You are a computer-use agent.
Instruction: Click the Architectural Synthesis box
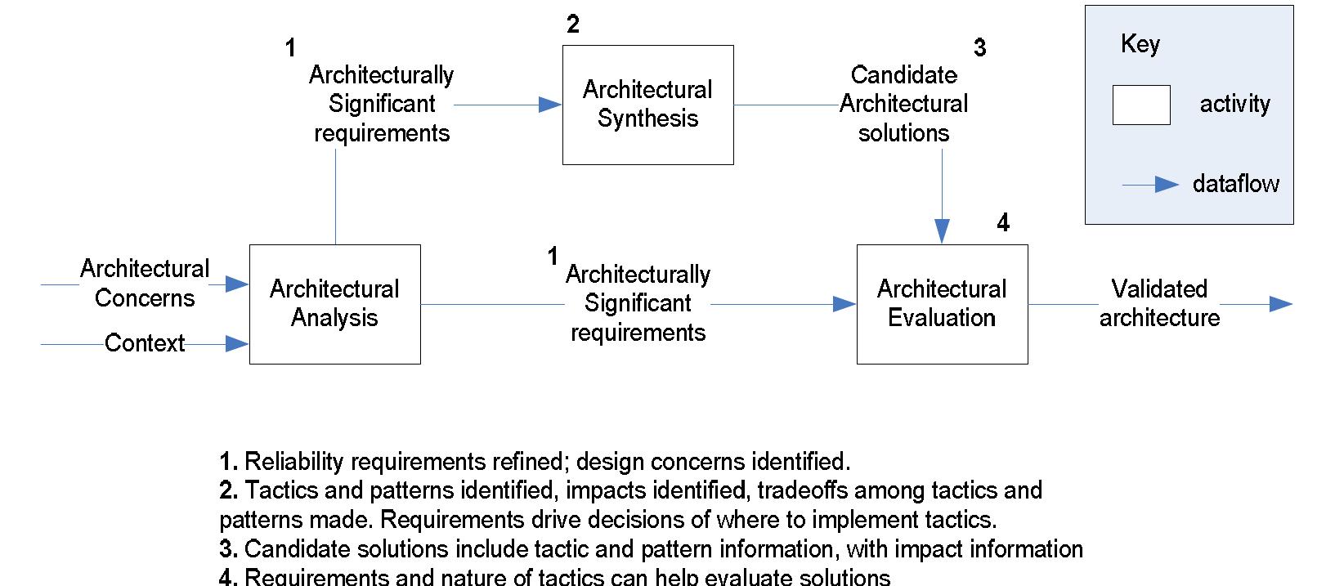647,105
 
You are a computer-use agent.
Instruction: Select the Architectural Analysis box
334,304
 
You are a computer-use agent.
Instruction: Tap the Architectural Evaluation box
942,304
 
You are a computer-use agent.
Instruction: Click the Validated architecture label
1159,303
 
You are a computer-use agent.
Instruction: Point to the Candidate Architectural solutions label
903,104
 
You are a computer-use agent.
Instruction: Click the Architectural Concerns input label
145,284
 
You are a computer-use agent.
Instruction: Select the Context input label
145,343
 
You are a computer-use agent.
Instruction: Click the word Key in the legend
1140,44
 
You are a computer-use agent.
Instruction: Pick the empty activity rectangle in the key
1140,105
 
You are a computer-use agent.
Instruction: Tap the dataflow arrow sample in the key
1151,185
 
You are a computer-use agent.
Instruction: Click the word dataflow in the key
1235,184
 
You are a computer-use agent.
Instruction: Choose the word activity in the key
1234,105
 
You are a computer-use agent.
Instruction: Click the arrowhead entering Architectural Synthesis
551,105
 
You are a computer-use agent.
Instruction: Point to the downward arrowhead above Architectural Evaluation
942,232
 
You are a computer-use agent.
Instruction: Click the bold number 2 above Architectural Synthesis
573,25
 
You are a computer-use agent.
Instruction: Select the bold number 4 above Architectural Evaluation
1003,222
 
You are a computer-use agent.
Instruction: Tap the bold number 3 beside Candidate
979,48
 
